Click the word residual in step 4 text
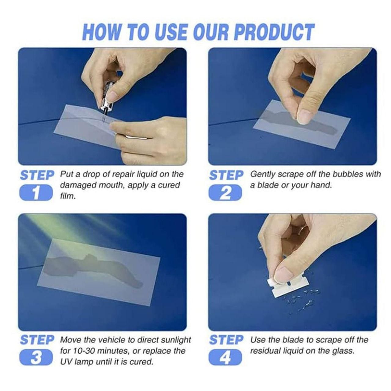point(265,351)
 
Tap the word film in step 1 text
point(67,196)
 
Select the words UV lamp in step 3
point(76,362)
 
